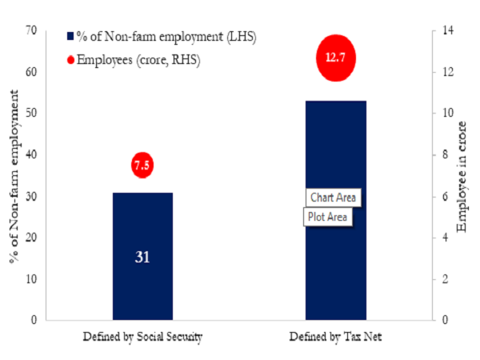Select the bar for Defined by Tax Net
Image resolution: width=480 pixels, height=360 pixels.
pyautogui.click(x=336, y=160)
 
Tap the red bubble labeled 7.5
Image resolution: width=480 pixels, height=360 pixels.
pyautogui.click(x=142, y=166)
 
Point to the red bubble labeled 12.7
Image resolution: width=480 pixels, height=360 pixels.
pyautogui.click(x=334, y=58)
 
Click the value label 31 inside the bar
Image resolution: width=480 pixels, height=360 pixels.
pyautogui.click(x=142, y=258)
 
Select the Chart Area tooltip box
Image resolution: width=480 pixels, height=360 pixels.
pyautogui.click(x=334, y=198)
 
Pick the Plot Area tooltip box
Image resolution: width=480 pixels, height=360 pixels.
pyautogui.click(x=327, y=217)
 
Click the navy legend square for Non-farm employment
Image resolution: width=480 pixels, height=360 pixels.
pyautogui.click(x=70, y=36)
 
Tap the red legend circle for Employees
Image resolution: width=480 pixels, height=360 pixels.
pyautogui.click(x=70, y=60)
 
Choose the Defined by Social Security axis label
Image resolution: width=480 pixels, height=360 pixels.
pyautogui.click(x=142, y=337)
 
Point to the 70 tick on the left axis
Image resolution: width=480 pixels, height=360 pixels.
pyautogui.click(x=32, y=30)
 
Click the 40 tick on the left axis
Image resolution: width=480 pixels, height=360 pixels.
pyautogui.click(x=32, y=154)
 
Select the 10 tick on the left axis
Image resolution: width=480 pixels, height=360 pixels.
pyautogui.click(x=32, y=279)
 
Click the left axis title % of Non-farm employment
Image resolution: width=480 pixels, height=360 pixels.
pyautogui.click(x=13, y=174)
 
